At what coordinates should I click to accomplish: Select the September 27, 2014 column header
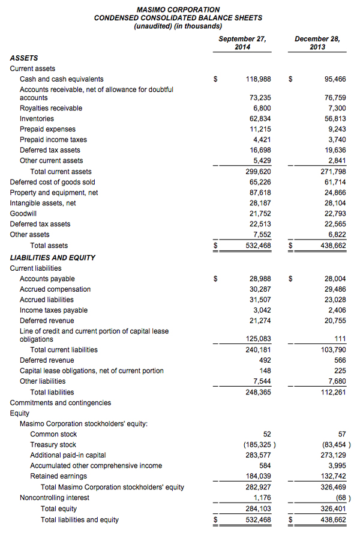(242, 43)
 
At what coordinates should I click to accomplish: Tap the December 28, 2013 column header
(317, 43)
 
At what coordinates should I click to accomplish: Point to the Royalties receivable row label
(51, 108)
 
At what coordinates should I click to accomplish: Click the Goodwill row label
(25, 214)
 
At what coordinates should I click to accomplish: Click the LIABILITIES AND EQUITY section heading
(53, 258)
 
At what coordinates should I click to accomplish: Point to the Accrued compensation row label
(55, 289)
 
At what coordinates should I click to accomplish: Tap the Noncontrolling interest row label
(55, 498)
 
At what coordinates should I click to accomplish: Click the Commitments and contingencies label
(61, 403)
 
